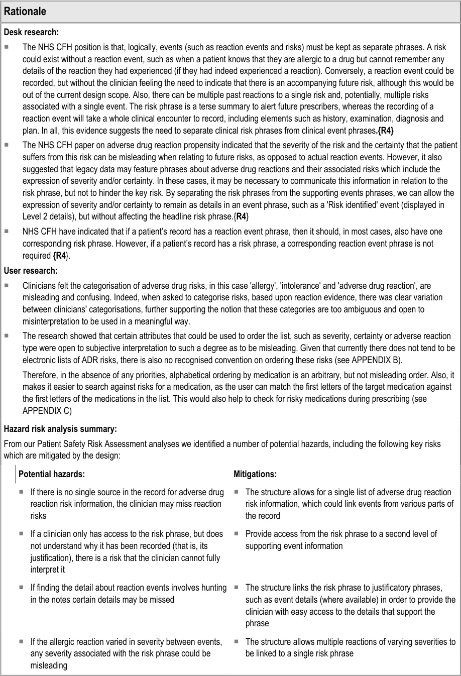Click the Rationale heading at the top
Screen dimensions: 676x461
tap(25, 11)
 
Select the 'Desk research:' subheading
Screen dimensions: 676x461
tap(31, 32)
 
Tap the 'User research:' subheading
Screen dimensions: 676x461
tap(31, 271)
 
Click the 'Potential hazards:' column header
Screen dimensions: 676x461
tap(52, 474)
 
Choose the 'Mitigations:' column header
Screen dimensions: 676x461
tap(255, 474)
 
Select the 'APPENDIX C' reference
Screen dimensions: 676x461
tap(48, 410)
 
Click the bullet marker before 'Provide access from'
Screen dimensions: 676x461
tap(236, 534)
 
